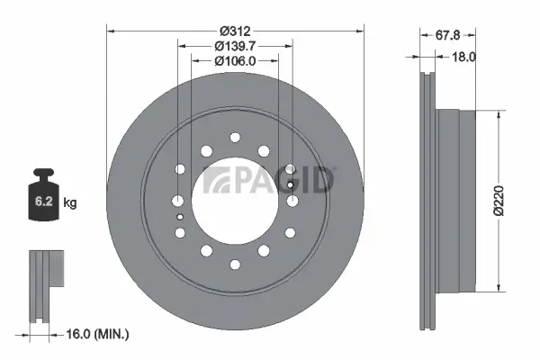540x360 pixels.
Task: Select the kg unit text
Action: coord(70,203)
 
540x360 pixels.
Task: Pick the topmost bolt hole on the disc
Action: coord(234,137)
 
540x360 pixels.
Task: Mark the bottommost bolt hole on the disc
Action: coord(234,265)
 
